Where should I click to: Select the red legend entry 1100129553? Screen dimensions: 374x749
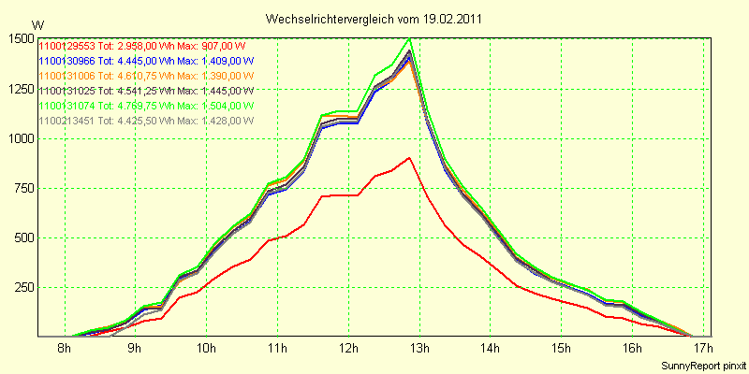[x=141, y=45]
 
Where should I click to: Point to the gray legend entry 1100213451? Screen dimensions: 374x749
[x=141, y=120]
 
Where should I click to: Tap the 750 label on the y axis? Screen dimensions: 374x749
[x=22, y=188]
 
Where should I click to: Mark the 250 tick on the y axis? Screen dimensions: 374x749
[x=22, y=287]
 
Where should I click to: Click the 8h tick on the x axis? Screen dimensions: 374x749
[x=64, y=350]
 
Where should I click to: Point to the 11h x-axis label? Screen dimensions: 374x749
[x=277, y=350]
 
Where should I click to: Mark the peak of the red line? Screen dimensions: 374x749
[x=410, y=158]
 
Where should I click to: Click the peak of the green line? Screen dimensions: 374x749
[x=410, y=39]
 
